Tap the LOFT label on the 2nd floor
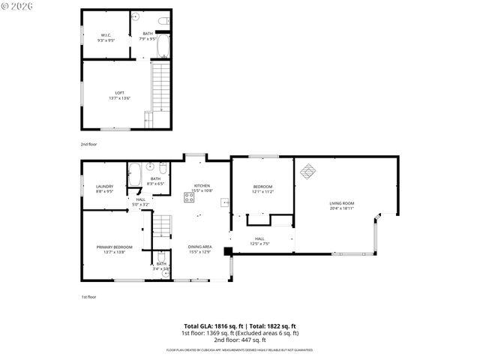tap(120, 94)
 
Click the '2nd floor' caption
tap(88, 144)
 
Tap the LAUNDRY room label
tap(104, 188)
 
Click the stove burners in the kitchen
tap(188, 199)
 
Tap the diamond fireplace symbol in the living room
tap(308, 172)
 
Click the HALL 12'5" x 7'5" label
tap(259, 241)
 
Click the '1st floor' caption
tap(88, 297)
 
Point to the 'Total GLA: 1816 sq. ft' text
tap(214, 326)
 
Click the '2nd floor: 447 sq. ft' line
tap(241, 340)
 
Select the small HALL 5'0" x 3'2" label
tap(141, 201)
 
